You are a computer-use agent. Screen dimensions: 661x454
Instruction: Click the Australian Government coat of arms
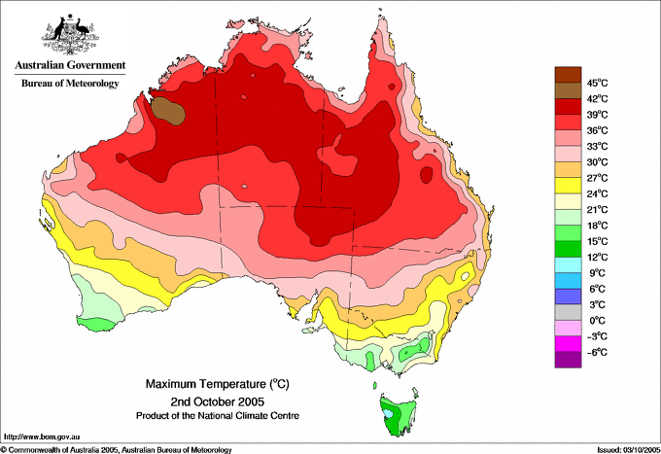click(70, 35)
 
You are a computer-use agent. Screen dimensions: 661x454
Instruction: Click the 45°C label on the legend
click(598, 83)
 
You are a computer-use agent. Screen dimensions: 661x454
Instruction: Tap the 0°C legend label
click(598, 321)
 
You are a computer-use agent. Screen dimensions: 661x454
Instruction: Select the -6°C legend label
click(597, 352)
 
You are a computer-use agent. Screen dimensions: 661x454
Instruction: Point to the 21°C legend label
click(598, 210)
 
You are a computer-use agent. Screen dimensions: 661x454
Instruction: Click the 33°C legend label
click(598, 146)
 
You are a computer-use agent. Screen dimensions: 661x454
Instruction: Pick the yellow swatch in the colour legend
click(568, 186)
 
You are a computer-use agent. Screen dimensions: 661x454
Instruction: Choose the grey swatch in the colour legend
click(568, 312)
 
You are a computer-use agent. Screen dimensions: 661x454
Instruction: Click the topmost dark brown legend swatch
click(568, 75)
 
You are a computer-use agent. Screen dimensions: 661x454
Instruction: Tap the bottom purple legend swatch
click(568, 360)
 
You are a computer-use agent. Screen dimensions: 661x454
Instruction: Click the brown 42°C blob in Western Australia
click(168, 111)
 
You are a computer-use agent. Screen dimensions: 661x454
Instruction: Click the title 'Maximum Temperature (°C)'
click(218, 384)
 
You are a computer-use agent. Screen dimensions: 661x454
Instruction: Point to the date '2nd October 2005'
click(218, 401)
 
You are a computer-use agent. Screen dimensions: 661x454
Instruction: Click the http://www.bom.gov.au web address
click(42, 437)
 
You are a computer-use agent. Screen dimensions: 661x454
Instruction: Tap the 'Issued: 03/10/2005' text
click(629, 450)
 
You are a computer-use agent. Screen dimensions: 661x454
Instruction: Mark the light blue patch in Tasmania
click(388, 413)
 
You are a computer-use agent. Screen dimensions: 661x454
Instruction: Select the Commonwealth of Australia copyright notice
click(117, 450)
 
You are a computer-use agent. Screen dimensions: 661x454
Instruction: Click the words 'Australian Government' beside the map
click(70, 65)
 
